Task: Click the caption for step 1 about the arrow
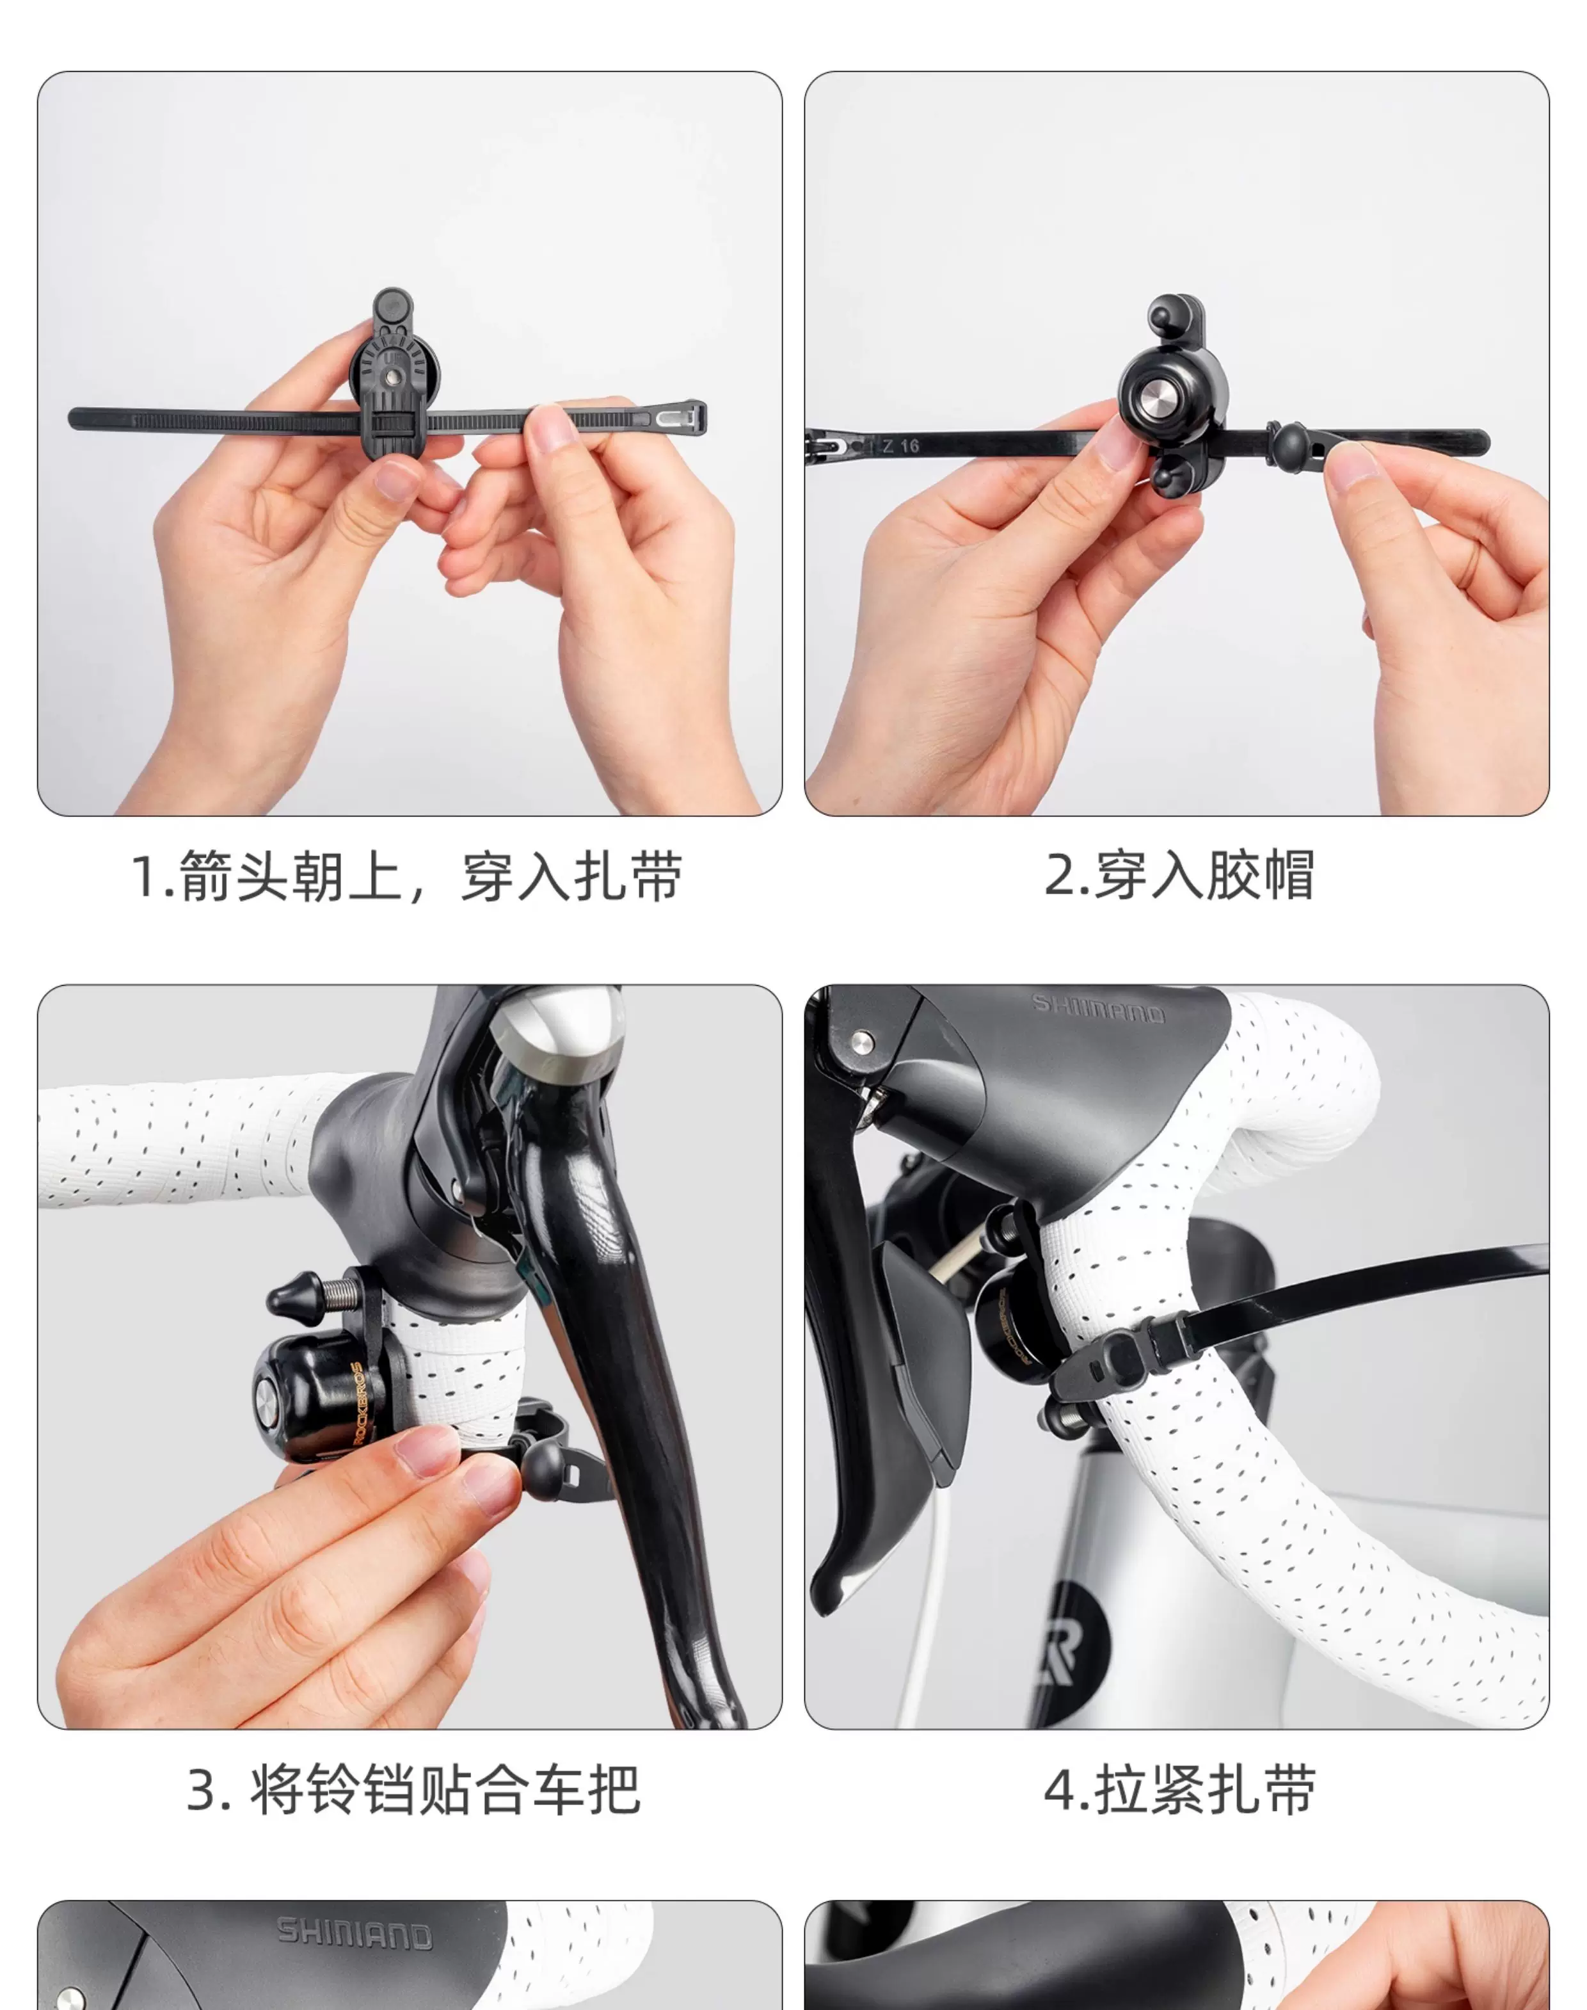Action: (x=407, y=875)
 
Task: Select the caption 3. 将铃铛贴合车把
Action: (x=413, y=1789)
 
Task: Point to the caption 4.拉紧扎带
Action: (x=1179, y=1789)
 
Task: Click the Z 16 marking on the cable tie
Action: (x=900, y=446)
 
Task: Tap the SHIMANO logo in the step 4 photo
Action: (x=1098, y=1008)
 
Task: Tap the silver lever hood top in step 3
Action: (x=557, y=1031)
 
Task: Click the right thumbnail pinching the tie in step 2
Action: (x=1353, y=462)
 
